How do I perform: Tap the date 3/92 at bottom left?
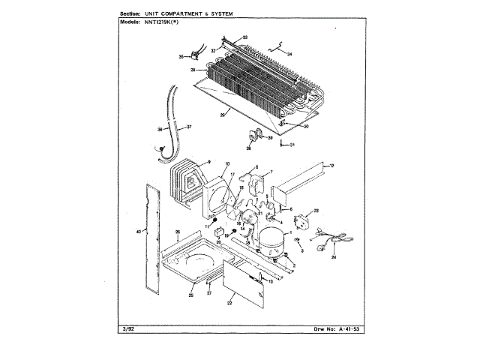[125, 330]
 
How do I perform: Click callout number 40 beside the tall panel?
[138, 232]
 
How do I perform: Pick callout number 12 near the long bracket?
[331, 164]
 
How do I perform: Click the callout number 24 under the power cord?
[334, 256]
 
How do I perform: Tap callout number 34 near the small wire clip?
[289, 54]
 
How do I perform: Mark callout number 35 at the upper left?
[181, 56]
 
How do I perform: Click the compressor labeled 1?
[265, 238]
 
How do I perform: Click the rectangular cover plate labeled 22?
[243, 288]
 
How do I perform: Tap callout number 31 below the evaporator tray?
[293, 145]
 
